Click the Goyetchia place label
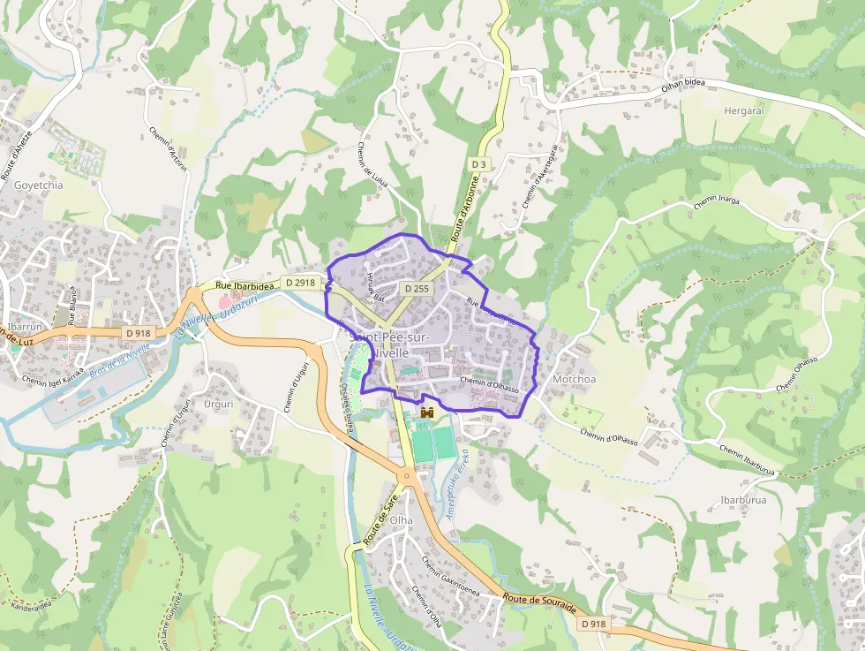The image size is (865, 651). click(39, 185)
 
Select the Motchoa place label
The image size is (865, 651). click(574, 379)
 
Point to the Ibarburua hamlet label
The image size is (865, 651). click(743, 499)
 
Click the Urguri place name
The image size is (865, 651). click(218, 404)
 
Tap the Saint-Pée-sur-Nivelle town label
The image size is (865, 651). click(389, 345)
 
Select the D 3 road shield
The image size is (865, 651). click(478, 164)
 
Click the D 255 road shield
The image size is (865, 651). click(417, 289)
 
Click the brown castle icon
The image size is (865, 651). click(427, 413)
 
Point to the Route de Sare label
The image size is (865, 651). click(378, 521)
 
